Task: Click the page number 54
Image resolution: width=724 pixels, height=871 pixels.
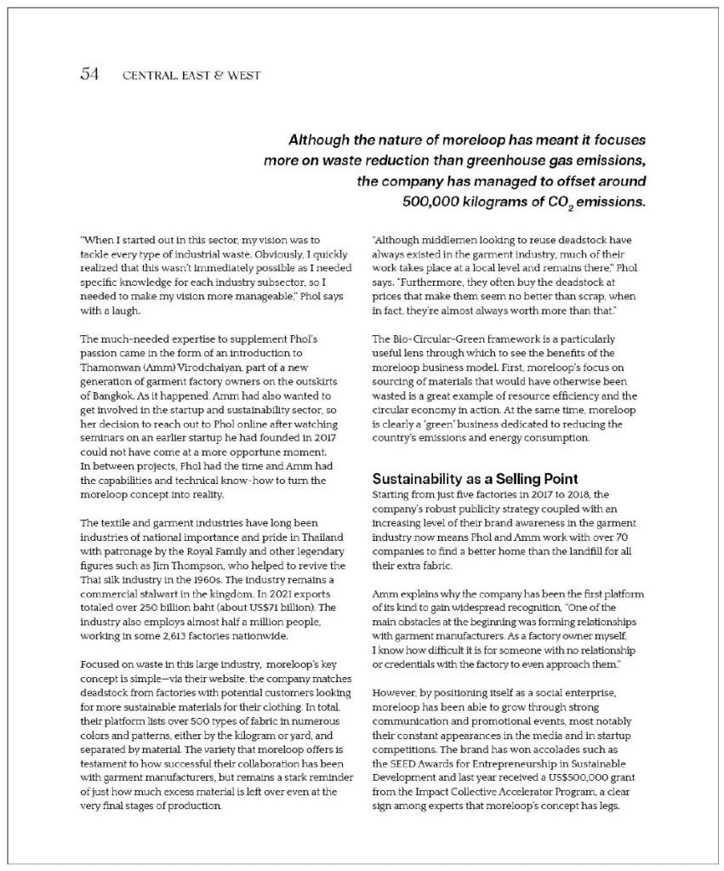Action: [89, 75]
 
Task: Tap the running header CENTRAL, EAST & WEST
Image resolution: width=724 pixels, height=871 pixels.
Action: [191, 76]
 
